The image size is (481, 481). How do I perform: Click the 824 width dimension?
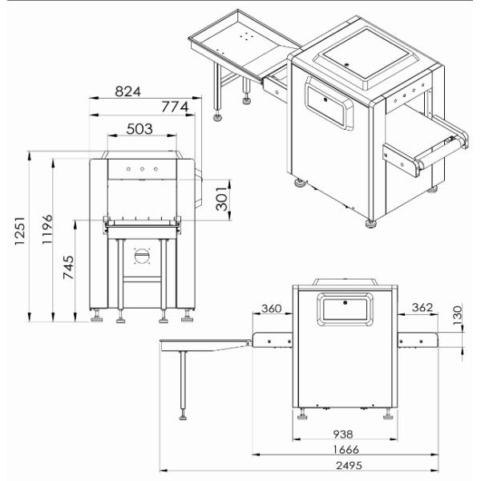tap(127, 91)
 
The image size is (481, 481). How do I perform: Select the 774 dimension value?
tap(175, 107)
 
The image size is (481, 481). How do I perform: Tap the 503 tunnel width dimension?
tap(139, 129)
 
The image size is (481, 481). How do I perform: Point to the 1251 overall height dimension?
tap(19, 231)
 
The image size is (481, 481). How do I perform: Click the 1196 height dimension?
tap(47, 229)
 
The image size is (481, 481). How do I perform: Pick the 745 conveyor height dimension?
tap(68, 267)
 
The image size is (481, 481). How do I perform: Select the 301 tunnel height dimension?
tap(222, 199)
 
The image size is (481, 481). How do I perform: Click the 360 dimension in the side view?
tap(271, 309)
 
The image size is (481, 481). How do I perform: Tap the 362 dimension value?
tap(422, 307)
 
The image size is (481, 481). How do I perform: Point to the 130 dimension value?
tap(457, 315)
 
